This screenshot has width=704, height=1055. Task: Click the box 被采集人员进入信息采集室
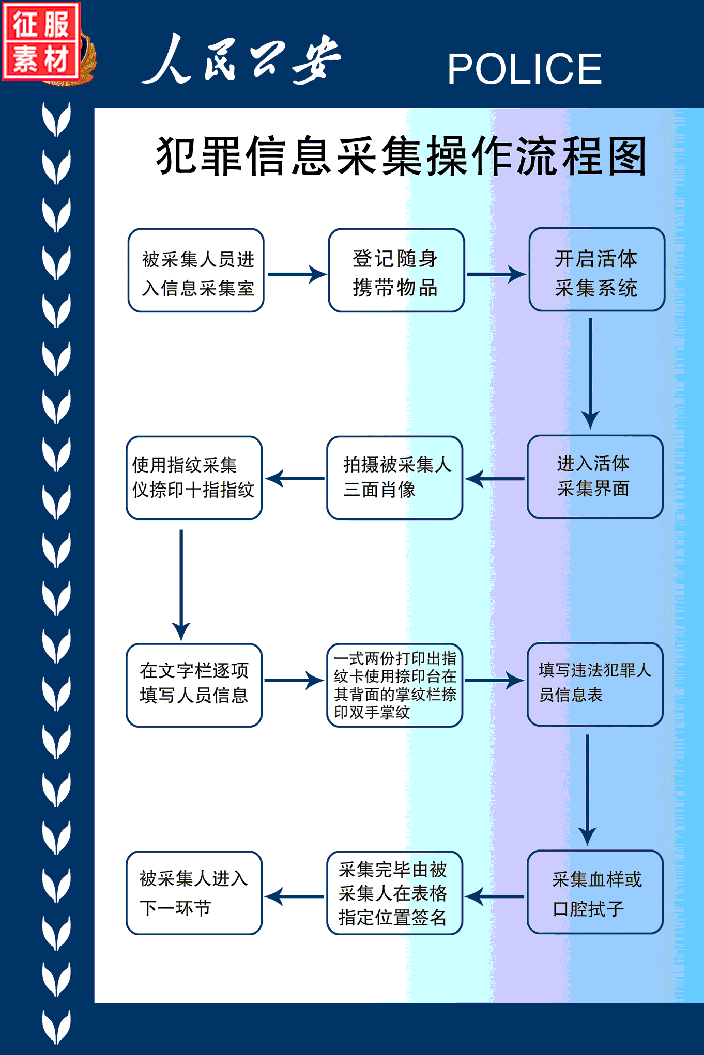(196, 270)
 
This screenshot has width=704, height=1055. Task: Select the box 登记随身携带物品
(396, 270)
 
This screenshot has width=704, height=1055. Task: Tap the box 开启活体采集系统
(597, 270)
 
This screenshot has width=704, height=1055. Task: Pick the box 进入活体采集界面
(595, 477)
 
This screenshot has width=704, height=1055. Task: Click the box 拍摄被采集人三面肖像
(395, 478)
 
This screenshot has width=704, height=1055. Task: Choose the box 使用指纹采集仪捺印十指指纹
(194, 478)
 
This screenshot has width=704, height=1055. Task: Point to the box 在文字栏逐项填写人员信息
(194, 685)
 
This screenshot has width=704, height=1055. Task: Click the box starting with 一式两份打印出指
(395, 685)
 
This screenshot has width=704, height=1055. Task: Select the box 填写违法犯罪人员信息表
(595, 684)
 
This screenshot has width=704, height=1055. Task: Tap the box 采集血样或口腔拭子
(595, 892)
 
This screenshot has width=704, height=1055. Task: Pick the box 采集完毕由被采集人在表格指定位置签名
(395, 893)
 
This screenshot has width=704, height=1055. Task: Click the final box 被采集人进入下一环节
(194, 893)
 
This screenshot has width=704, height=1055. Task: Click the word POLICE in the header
(525, 69)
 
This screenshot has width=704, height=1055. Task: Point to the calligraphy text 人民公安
(242, 58)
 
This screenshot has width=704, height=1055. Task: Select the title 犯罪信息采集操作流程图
(402, 155)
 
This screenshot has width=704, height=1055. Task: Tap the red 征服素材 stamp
(41, 41)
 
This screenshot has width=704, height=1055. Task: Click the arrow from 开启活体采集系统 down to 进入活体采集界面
(590, 373)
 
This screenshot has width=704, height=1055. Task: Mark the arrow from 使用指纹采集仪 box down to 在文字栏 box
(181, 585)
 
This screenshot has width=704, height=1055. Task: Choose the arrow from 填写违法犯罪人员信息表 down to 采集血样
(587, 790)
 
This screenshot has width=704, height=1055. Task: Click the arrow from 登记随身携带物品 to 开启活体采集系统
(496, 274)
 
